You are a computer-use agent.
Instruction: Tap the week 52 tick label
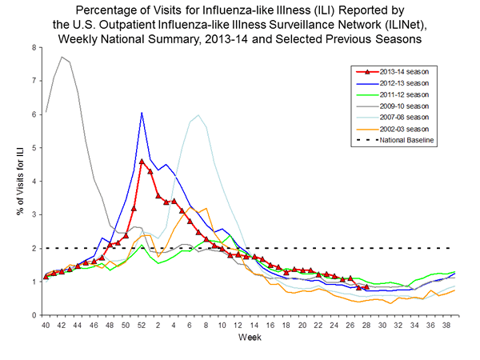[142, 326]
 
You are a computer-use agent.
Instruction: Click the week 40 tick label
[46, 326]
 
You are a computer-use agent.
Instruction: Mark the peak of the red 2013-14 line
[142, 162]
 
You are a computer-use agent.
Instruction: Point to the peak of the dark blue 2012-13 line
[142, 113]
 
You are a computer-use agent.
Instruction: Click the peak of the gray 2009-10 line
[62, 57]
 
